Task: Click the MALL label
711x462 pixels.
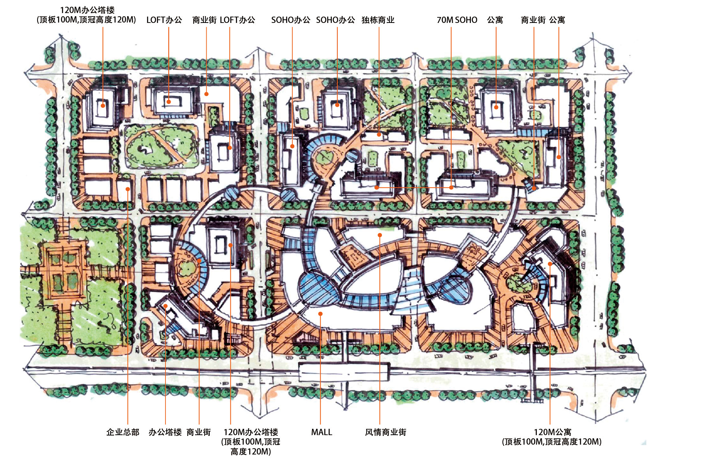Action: coord(322,432)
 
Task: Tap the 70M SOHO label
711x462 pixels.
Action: coord(457,20)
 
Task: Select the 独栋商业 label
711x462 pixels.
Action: coord(378,20)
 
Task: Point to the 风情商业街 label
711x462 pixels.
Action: coord(386,432)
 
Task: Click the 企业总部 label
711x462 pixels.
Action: coord(123,432)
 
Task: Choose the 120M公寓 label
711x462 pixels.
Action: coord(552,432)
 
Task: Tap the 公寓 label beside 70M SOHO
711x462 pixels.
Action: coord(495,20)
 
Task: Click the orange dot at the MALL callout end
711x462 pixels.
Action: coord(321,314)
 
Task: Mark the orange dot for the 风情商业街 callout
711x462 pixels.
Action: coord(380,235)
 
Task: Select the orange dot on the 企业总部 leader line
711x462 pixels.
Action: coord(128,189)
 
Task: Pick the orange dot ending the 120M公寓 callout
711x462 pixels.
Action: coord(550,264)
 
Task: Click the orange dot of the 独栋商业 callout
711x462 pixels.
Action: coord(379,134)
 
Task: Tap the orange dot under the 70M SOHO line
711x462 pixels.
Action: coord(451,187)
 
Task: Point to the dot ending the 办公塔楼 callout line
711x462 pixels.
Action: coord(166,306)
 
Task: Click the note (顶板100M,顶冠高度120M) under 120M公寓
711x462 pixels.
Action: coord(552,441)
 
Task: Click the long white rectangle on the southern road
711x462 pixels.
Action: coord(344,372)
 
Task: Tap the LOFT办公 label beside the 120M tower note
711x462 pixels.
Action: coord(164,20)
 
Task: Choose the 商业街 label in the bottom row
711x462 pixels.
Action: coord(199,432)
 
